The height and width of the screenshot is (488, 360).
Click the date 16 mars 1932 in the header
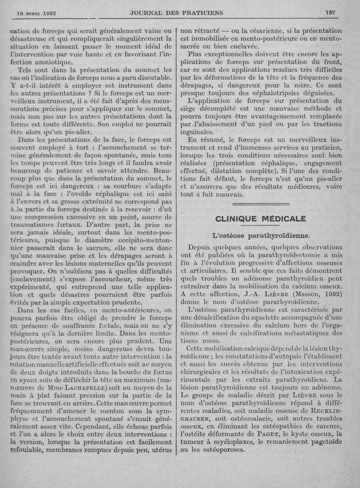(36, 13)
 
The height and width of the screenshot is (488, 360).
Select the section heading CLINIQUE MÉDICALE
(261, 219)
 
